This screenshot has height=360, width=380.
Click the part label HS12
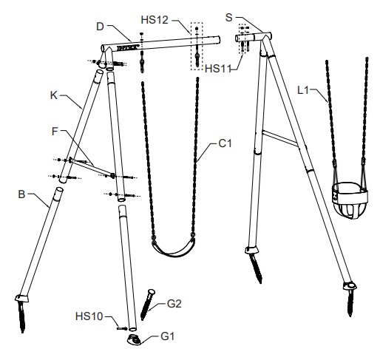click(x=155, y=20)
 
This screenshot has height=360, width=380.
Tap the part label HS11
click(x=218, y=69)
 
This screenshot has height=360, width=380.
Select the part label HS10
click(x=89, y=316)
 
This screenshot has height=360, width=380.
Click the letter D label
click(x=101, y=27)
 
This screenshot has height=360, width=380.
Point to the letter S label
click(x=229, y=18)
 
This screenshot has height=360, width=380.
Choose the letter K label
click(x=54, y=95)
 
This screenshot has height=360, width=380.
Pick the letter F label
click(x=55, y=132)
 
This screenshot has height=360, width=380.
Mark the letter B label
click(x=21, y=194)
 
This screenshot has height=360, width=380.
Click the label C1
click(x=225, y=143)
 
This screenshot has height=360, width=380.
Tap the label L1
click(x=303, y=90)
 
